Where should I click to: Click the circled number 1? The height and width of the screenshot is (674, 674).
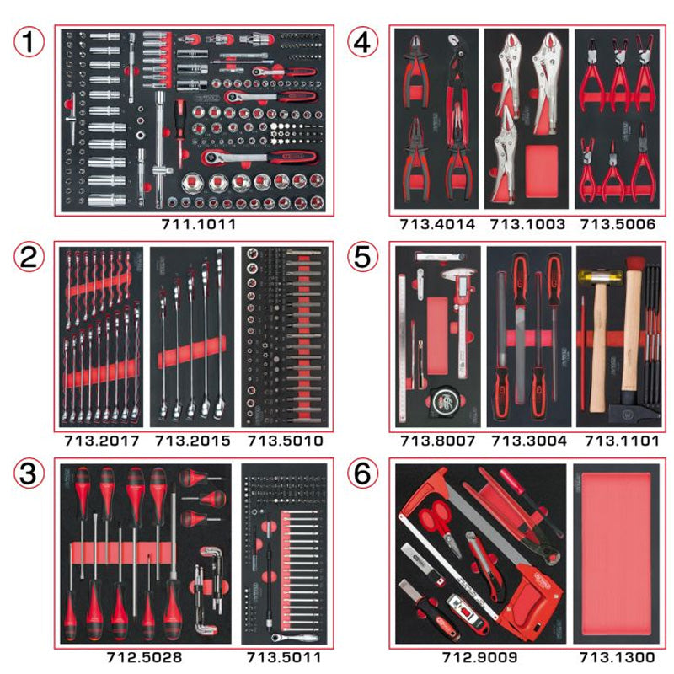[x=30, y=40]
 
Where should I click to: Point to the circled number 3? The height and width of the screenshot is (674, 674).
[x=30, y=475]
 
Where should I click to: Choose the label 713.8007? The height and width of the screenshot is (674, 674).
[x=437, y=440]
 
